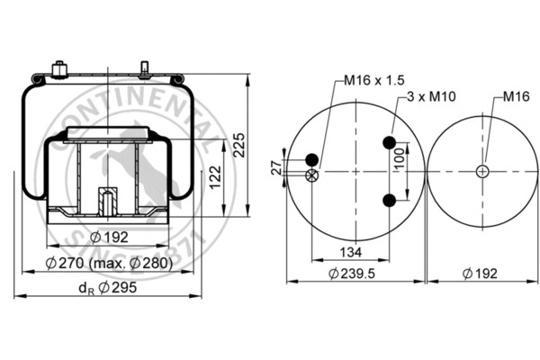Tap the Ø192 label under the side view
110,237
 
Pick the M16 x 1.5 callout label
373,80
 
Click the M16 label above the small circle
515,95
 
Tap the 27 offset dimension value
277,166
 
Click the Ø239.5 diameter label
351,273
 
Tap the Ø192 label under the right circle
483,273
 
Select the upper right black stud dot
390,142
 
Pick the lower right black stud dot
390,200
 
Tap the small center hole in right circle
483,171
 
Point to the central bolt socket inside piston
104,200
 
